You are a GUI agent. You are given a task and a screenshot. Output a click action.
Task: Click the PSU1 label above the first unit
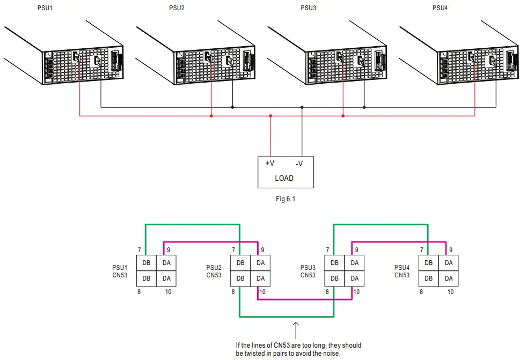point(48,8)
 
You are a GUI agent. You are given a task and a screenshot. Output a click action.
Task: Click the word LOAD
point(284,178)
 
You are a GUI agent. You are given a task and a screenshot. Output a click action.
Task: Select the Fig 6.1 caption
point(284,199)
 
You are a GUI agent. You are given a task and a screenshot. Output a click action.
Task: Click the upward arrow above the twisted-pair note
point(295,329)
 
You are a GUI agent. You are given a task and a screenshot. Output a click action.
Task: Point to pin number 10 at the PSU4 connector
point(451,292)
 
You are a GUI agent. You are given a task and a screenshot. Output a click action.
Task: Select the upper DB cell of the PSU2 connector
point(240,263)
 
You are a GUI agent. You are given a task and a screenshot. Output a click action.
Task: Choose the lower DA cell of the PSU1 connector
point(166,278)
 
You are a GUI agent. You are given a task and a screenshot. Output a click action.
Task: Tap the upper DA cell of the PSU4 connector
point(449,263)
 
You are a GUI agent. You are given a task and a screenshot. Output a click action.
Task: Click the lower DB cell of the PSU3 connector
point(334,278)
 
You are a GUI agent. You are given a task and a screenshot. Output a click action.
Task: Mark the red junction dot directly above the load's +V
point(270,115)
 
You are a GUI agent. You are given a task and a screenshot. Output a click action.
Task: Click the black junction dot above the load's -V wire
point(302,107)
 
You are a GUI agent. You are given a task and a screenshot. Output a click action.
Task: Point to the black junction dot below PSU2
point(232,107)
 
